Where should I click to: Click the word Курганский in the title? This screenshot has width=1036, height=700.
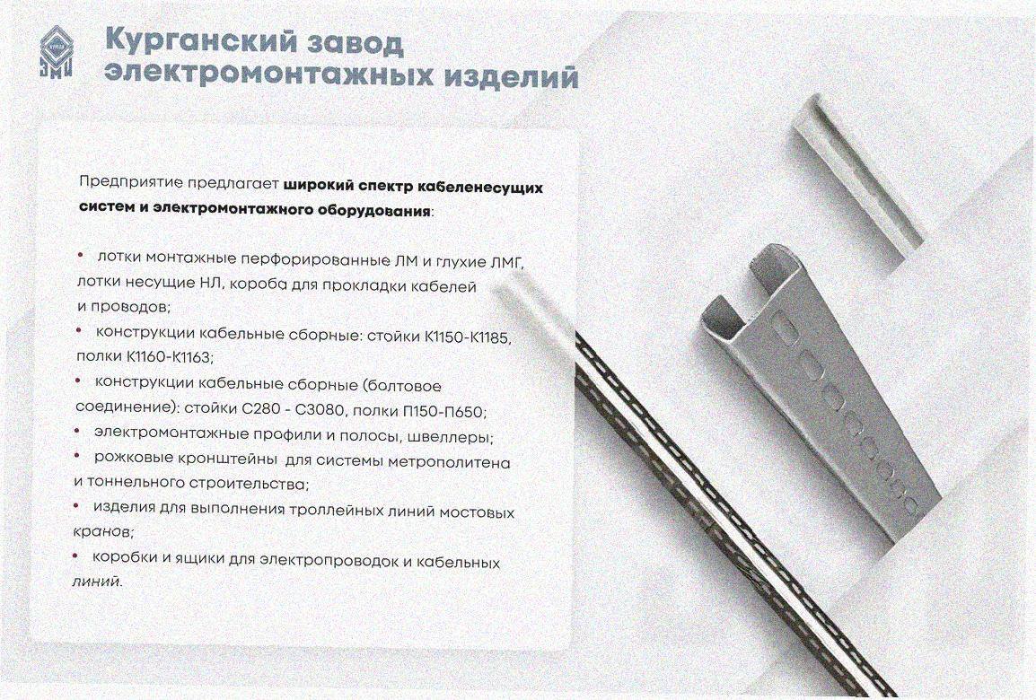[201, 42]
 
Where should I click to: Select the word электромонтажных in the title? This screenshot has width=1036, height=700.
[269, 74]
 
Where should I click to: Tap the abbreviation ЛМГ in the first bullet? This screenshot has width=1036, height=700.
[507, 263]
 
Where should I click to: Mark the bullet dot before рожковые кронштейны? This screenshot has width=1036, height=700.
[78, 456]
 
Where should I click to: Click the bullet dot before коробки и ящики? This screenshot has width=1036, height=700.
[76, 556]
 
